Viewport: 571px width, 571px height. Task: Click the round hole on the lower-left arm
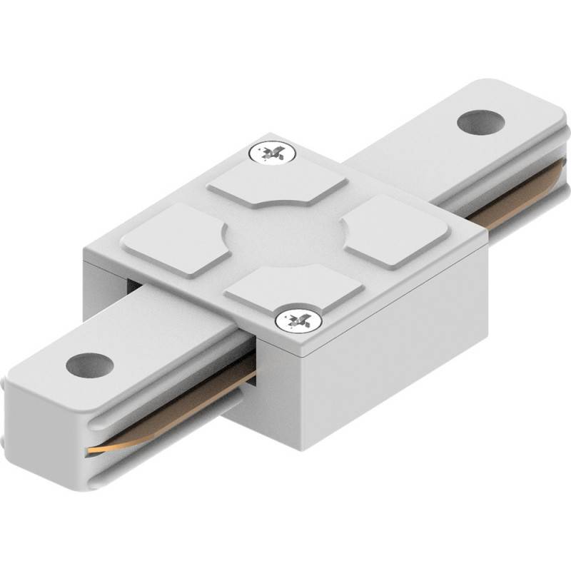90,365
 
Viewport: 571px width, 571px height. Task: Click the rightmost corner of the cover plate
487,230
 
